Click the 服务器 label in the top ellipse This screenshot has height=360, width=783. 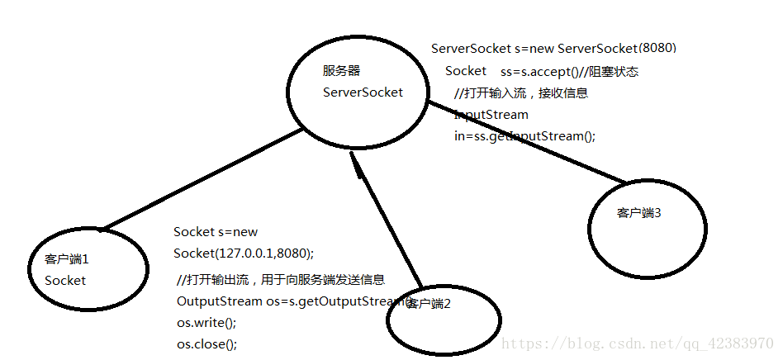tap(341, 70)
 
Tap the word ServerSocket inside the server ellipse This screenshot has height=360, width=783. tap(363, 92)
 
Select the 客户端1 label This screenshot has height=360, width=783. tap(66, 259)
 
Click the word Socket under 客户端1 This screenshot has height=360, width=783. tap(65, 280)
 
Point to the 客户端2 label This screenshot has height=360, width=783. tap(429, 304)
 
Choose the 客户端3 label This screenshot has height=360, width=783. tap(639, 213)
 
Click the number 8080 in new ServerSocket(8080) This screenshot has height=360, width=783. tap(663, 48)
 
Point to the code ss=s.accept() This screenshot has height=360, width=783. tap(536, 72)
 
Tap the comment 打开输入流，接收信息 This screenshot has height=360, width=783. tap(521, 93)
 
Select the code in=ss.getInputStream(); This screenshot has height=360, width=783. tap(524, 136)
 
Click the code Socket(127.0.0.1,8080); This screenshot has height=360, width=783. tap(244, 253)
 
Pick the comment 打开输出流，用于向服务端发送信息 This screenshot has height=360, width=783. tap(281, 280)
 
